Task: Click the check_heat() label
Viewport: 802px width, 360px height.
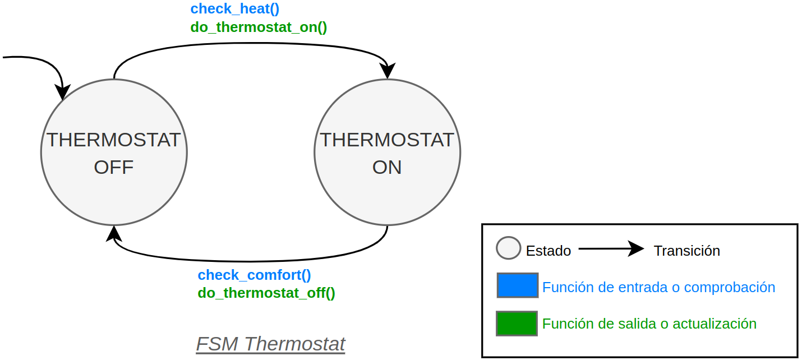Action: click(235, 9)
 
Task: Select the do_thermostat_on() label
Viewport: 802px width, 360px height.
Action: click(259, 27)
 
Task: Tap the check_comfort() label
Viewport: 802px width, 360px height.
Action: click(254, 275)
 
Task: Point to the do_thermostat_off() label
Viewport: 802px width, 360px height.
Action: click(266, 293)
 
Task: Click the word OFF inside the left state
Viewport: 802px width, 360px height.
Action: click(114, 167)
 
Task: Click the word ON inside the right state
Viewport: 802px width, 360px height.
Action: click(387, 167)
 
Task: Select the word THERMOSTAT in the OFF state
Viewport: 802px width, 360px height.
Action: click(113, 140)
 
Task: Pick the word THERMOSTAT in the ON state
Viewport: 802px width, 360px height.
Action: click(387, 140)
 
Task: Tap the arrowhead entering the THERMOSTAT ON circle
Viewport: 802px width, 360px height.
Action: click(388, 71)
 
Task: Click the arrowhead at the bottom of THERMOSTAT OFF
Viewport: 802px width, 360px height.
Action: click(113, 234)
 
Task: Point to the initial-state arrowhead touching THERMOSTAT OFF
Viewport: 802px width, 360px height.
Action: click(63, 92)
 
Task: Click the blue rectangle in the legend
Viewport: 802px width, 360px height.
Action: click(517, 285)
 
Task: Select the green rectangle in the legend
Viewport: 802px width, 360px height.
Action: click(517, 324)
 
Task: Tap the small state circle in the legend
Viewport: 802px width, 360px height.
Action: click(509, 248)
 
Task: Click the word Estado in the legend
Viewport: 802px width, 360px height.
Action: click(549, 251)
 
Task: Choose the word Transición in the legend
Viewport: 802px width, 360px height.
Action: click(686, 251)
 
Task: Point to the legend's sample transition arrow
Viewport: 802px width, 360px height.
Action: click(611, 248)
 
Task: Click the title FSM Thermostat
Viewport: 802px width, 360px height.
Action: click(270, 344)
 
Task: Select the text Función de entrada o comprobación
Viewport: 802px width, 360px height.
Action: click(659, 287)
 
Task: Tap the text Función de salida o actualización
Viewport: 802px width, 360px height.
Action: click(649, 324)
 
